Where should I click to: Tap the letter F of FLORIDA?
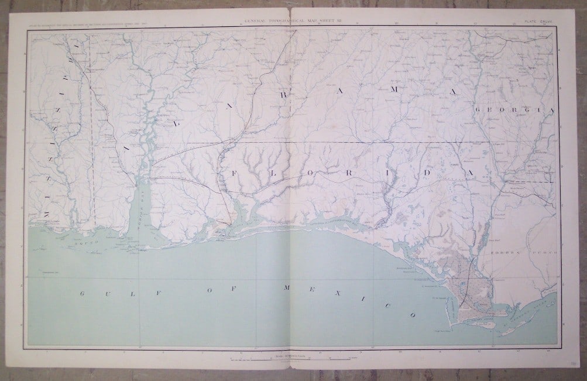223,173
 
